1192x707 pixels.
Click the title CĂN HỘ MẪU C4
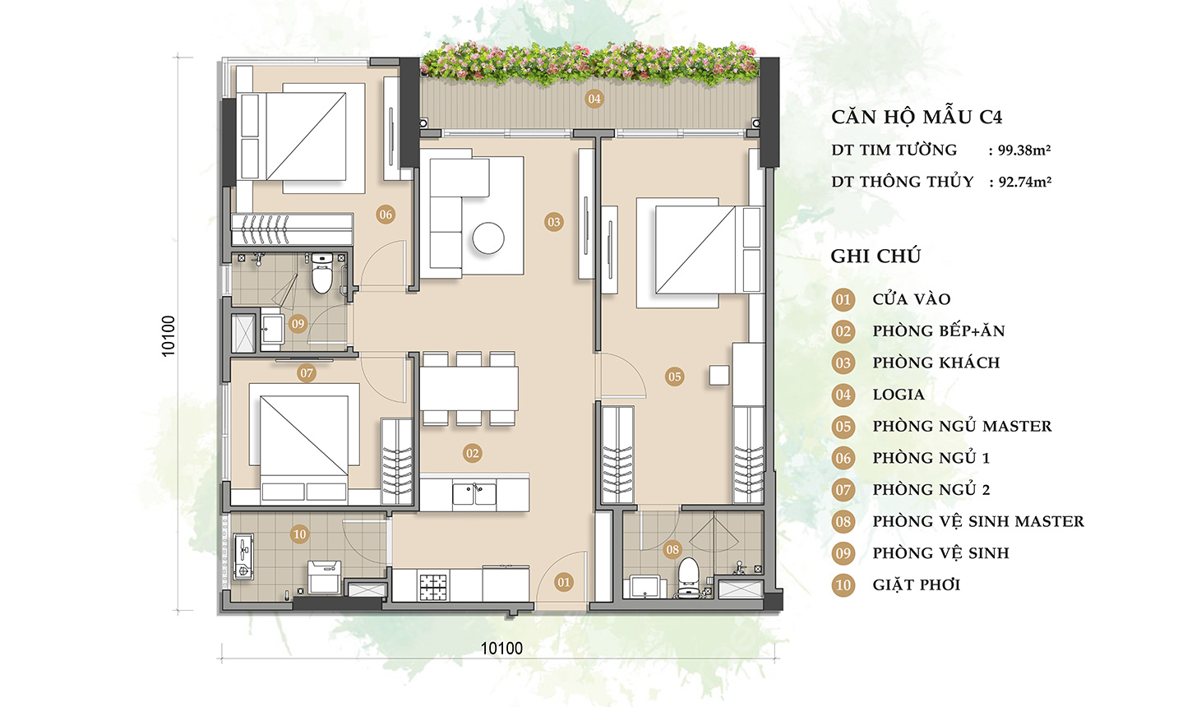pos(916,117)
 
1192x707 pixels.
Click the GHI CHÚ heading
pos(876,256)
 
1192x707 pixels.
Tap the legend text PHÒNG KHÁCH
pos(936,363)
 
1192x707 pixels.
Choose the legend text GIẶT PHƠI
pos(916,585)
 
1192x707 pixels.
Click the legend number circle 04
pos(843,395)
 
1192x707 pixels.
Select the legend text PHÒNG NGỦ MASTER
pos(962,426)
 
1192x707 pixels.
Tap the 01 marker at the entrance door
pos(563,582)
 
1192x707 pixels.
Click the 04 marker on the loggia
pos(594,99)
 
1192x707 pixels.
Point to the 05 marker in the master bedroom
pos(674,377)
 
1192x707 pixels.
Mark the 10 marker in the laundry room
pos(299,534)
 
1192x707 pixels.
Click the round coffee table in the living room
pos(487,238)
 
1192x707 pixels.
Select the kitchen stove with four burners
pos(433,585)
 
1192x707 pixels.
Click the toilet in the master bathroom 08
pos(688,575)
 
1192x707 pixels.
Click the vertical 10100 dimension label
pos(169,335)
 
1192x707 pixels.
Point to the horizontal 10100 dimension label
pos(501,649)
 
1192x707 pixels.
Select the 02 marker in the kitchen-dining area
pos(472,453)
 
